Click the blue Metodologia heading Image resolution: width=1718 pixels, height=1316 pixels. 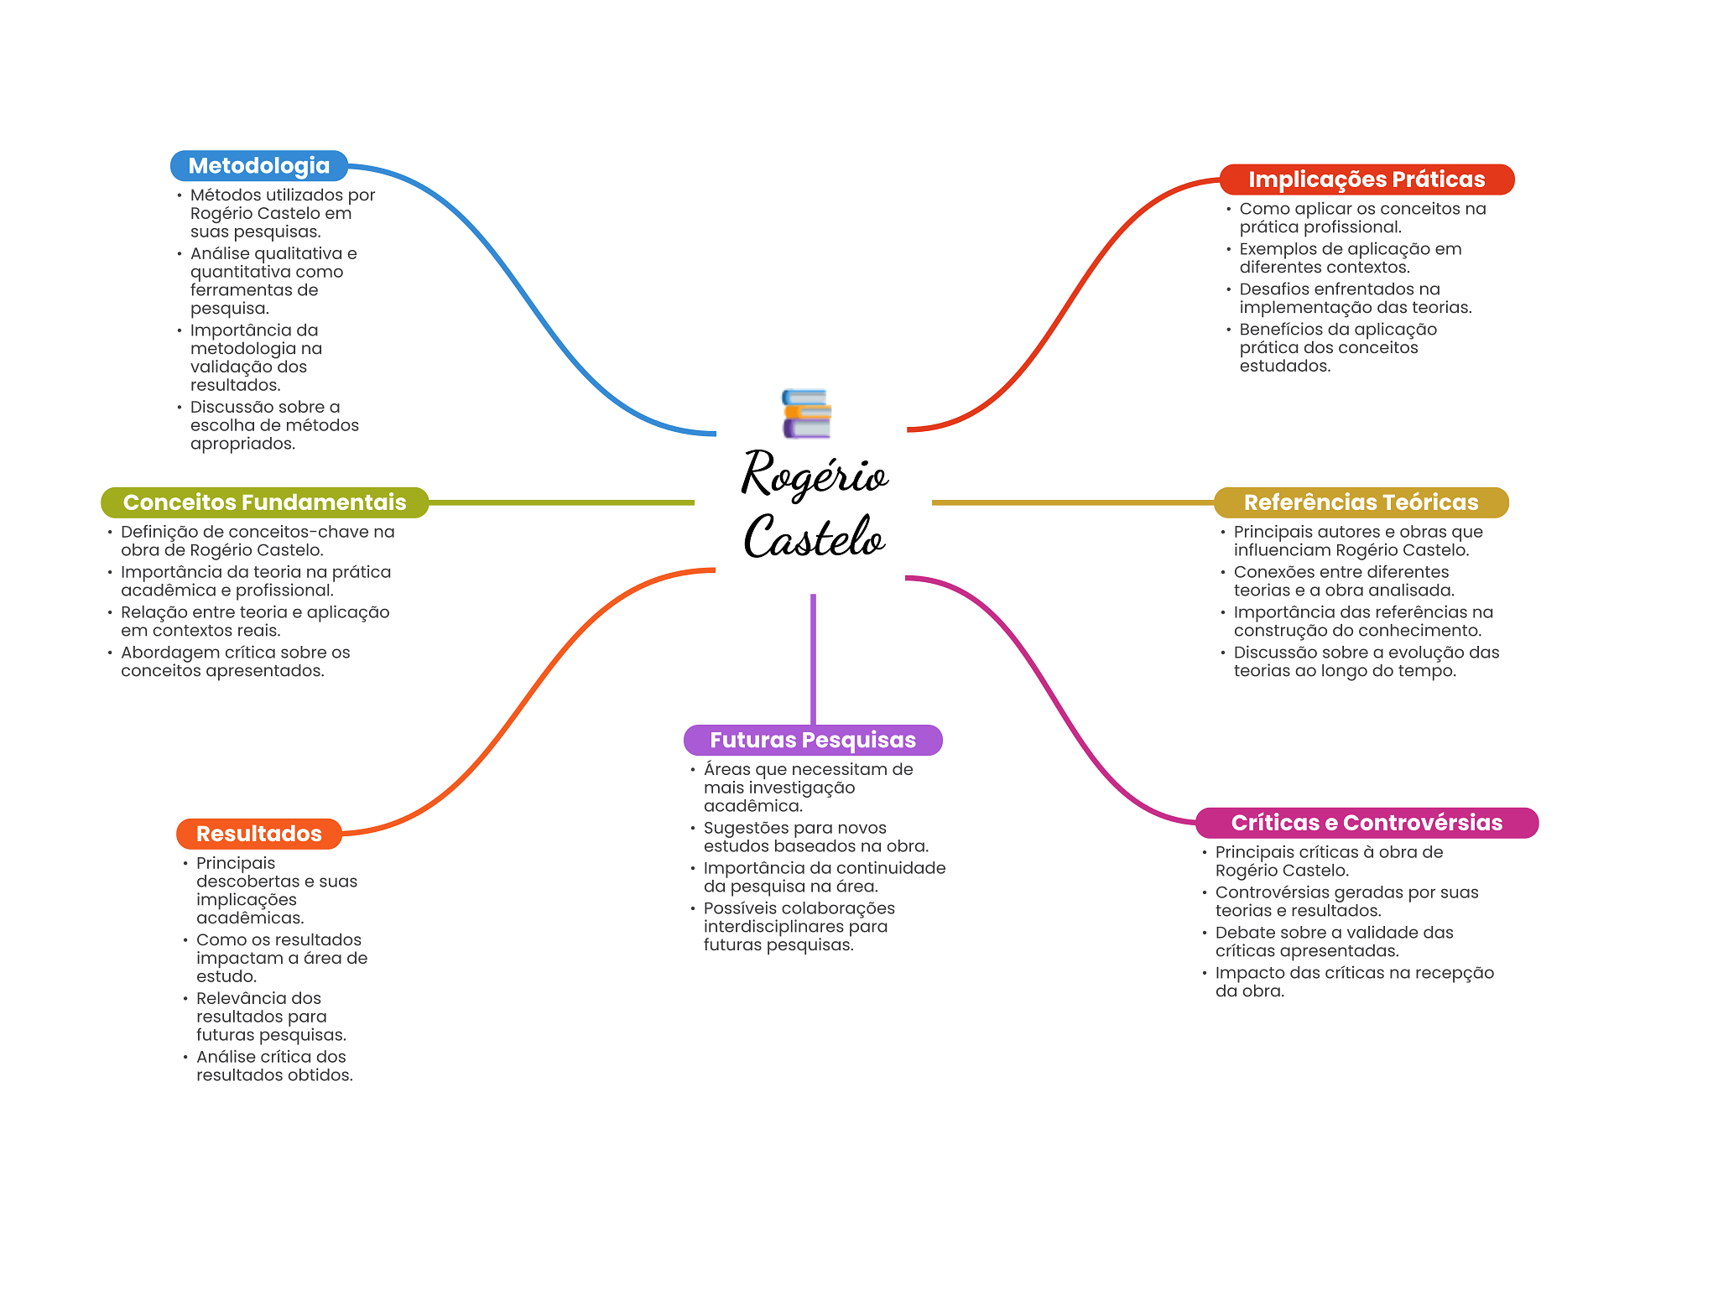pos(258,166)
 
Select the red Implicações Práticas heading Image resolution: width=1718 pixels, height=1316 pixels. pos(1366,179)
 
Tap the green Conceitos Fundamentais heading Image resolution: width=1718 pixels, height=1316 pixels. pos(264,502)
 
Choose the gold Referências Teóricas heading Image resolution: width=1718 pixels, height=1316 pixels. pos(1361,502)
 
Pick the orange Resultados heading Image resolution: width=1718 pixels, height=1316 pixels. pos(258,834)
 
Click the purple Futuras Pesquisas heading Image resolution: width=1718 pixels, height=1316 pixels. pos(812,740)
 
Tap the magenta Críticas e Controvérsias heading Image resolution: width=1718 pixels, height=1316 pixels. pos(1366,823)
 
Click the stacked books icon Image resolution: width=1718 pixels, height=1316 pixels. pos(806,414)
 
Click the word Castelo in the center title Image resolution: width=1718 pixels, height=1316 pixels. pos(814,537)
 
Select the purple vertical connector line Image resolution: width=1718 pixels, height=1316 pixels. pos(813,658)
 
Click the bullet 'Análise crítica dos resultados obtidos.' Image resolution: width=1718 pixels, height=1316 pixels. pos(273,1066)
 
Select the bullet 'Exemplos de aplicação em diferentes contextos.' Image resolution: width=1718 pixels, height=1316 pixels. pos(1350,258)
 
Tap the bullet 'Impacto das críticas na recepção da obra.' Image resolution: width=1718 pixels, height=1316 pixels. pos(1354,982)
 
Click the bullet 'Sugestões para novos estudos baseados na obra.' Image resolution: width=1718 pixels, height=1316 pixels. pos(815,837)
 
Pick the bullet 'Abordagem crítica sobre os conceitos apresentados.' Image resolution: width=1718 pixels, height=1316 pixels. pos(235,662)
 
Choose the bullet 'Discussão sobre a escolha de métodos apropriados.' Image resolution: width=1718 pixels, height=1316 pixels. pos(273,425)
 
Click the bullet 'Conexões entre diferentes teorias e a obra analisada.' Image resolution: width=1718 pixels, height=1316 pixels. pos(1343,581)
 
